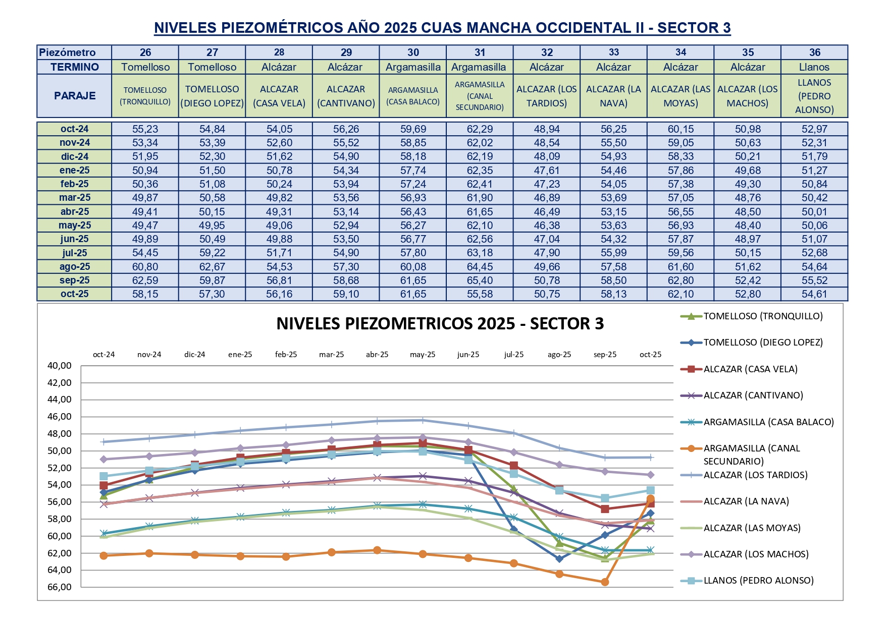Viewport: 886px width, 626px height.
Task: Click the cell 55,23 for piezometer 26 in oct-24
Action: coord(145,129)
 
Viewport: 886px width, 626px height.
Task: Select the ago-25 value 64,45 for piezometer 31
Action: coord(480,267)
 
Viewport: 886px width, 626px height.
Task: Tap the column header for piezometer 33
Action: coord(613,52)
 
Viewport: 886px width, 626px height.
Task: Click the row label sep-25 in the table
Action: coord(75,280)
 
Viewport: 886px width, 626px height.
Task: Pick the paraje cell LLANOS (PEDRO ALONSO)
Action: coord(814,96)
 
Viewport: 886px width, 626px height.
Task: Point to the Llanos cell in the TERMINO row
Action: coord(814,67)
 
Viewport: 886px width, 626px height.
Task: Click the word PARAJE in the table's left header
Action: coord(75,96)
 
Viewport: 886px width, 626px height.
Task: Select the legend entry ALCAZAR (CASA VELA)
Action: coord(750,369)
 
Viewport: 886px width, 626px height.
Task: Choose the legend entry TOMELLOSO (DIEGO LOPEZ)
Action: coord(763,343)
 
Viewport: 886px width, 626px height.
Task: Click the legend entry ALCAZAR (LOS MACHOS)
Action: coord(756,554)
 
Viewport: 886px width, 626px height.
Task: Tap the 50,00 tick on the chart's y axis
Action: coord(60,451)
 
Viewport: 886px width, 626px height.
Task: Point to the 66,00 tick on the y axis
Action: coord(60,587)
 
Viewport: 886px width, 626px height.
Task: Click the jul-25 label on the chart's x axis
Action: coord(513,355)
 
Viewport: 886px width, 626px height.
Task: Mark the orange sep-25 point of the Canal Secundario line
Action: coord(605,582)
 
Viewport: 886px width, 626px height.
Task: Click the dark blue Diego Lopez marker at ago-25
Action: coord(559,559)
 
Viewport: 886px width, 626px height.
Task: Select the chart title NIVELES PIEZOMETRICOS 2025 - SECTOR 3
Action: coord(440,323)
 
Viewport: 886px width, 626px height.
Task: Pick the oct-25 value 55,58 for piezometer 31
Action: coord(480,294)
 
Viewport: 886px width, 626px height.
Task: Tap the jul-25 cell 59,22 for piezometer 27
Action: coord(212,253)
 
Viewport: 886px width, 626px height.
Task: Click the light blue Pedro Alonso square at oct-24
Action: coord(104,476)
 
